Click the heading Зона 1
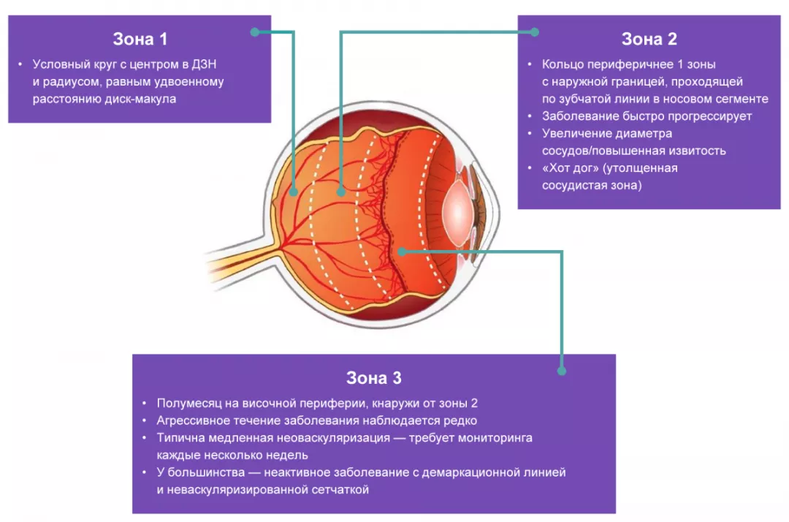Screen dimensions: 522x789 (x=140, y=39)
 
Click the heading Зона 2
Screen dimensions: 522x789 (x=649, y=39)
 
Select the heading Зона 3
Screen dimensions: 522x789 (x=373, y=378)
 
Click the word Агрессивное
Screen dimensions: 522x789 (x=193, y=420)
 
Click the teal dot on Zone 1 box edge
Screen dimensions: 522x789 (x=255, y=32)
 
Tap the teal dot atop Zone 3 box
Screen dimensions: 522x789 (x=562, y=371)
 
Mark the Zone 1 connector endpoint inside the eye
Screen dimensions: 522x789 (x=293, y=193)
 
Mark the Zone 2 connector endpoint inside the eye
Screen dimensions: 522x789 (x=340, y=192)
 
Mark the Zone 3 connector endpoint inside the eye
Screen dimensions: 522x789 (x=402, y=251)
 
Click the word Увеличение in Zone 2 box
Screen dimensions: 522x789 (x=574, y=134)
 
